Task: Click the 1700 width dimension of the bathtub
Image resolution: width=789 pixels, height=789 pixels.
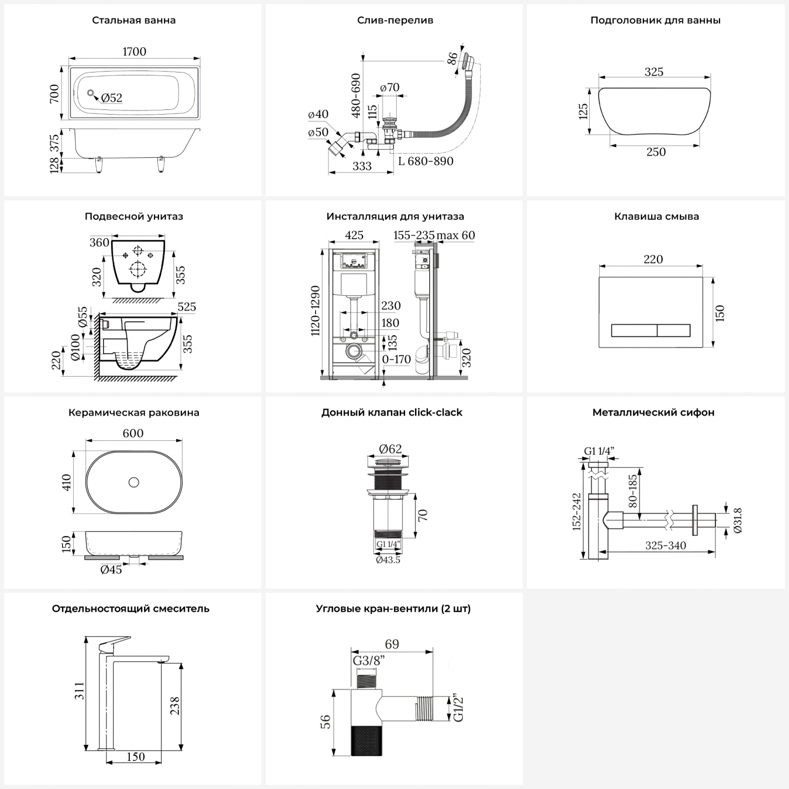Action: click(134, 52)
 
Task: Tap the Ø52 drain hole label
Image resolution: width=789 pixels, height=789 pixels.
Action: click(112, 98)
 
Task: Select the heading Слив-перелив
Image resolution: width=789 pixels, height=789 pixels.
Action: click(395, 21)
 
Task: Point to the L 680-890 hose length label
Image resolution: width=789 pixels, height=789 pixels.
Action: click(426, 161)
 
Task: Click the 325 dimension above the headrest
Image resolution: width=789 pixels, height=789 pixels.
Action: click(654, 72)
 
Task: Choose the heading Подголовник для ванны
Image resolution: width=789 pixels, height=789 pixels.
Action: click(655, 21)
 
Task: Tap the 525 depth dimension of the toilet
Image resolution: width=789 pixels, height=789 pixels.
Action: click(187, 307)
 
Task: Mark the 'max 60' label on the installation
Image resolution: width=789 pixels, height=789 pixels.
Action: click(456, 235)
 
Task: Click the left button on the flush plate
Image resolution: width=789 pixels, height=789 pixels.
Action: click(634, 331)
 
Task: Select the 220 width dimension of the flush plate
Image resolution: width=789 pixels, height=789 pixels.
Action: click(653, 259)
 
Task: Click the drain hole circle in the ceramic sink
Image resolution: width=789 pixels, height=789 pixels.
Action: click(134, 481)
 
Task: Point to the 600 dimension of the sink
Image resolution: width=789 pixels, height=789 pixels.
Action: click(133, 433)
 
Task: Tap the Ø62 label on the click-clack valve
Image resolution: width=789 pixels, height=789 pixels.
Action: click(390, 449)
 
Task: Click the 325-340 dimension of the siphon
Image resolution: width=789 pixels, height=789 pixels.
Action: click(665, 545)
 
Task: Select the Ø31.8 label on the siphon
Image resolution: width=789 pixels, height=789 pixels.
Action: click(737, 521)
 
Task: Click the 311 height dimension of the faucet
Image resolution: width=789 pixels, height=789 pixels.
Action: click(79, 691)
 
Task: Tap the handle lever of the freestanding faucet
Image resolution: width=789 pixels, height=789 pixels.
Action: click(115, 643)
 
